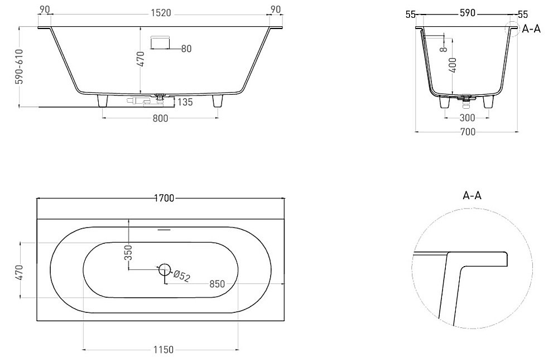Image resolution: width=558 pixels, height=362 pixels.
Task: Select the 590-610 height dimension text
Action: click(x=20, y=66)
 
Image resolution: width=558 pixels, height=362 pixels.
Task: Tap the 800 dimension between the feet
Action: click(x=160, y=118)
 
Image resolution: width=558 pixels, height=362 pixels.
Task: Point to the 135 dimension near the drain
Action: click(x=185, y=102)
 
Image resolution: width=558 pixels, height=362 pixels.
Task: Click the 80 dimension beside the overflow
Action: click(x=186, y=49)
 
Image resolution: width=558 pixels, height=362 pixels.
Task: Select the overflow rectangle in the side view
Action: click(x=161, y=42)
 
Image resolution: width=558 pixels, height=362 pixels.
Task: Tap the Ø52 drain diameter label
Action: click(x=182, y=276)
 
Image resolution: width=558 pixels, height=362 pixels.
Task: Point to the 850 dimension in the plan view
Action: click(x=217, y=284)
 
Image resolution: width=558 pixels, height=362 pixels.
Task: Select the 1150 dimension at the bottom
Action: click(x=162, y=350)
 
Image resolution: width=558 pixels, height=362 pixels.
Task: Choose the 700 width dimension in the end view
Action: click(x=467, y=132)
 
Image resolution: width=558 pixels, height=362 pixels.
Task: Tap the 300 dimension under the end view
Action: click(x=467, y=118)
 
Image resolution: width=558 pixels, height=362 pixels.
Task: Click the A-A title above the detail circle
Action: click(x=472, y=195)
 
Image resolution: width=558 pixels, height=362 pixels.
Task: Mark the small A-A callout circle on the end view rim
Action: click(x=511, y=28)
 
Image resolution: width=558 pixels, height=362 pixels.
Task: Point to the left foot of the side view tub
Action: click(x=103, y=101)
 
